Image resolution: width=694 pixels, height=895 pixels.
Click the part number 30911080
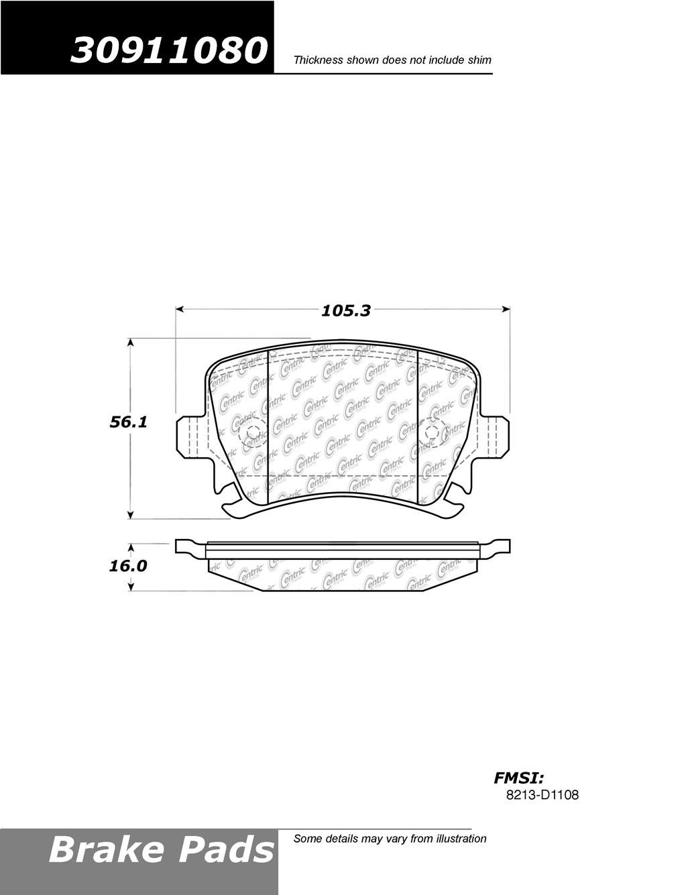(167, 50)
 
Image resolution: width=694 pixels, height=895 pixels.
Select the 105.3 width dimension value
(345, 311)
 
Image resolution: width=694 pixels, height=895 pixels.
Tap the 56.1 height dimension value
(128, 422)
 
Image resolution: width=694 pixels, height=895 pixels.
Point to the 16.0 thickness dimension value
(127, 566)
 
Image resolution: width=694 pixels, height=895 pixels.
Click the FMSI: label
(519, 778)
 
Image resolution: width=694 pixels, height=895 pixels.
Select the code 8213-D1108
(542, 794)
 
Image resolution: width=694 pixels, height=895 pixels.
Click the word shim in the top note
(479, 60)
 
